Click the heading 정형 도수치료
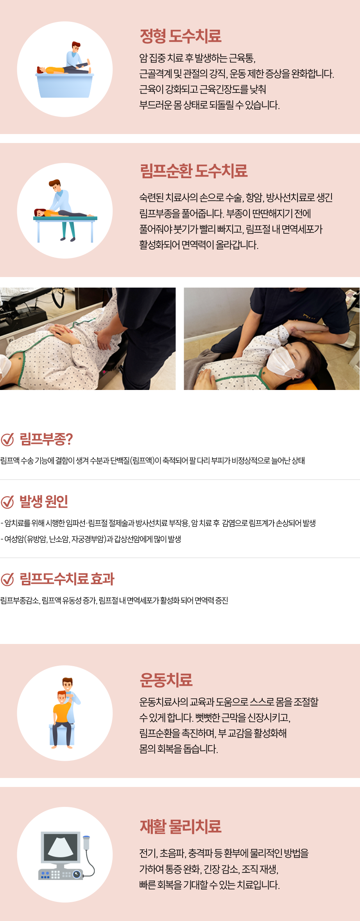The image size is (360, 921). (x=181, y=36)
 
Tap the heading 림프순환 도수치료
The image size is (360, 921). (x=193, y=171)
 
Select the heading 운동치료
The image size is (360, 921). (x=166, y=680)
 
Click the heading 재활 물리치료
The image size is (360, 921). (x=181, y=826)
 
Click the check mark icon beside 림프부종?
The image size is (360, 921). (x=7, y=439)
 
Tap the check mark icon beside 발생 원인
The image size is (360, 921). (x=7, y=501)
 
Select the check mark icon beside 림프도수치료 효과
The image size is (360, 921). (x=7, y=579)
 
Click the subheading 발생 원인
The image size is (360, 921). (x=44, y=501)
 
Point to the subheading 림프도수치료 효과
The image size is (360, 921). (x=67, y=579)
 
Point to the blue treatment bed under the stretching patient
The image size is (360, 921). (x=65, y=85)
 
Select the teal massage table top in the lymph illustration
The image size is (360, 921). (x=65, y=218)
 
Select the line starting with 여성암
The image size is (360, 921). (x=91, y=539)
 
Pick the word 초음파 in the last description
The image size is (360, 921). (x=172, y=853)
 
